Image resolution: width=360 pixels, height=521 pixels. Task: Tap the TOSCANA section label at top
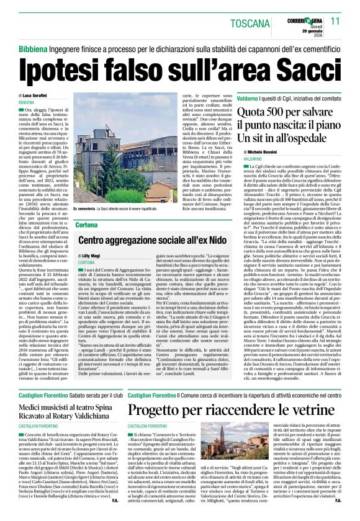coord(251,23)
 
